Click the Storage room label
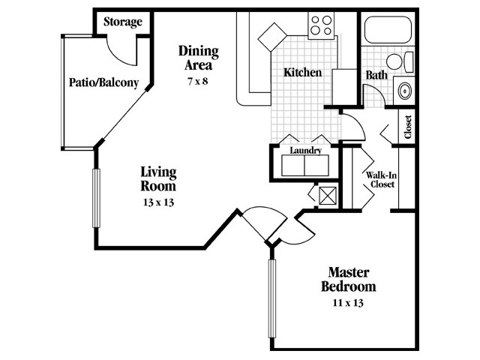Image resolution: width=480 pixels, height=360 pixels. (x=123, y=22)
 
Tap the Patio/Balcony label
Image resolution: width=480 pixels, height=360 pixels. (x=103, y=82)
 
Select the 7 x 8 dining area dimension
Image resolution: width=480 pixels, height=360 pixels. (x=198, y=82)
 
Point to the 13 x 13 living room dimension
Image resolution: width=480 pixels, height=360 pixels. (x=158, y=202)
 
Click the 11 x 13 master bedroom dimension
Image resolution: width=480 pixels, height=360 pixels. (x=348, y=303)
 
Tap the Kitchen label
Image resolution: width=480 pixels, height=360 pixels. (x=302, y=73)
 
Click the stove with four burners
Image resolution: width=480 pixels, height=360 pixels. (x=321, y=25)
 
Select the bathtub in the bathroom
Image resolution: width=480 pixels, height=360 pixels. (x=388, y=30)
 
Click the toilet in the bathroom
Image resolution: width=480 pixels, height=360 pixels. (x=400, y=61)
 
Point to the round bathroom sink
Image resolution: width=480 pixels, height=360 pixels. (x=405, y=91)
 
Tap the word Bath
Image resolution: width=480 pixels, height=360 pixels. (x=376, y=75)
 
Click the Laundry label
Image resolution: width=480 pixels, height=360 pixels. (x=305, y=151)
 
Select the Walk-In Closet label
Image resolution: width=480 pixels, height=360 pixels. (x=382, y=180)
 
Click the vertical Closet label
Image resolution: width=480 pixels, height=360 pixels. (x=408, y=127)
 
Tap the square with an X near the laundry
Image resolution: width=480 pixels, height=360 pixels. (x=328, y=196)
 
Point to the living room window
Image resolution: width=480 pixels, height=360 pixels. (x=97, y=198)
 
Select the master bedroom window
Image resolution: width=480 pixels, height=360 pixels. (x=271, y=298)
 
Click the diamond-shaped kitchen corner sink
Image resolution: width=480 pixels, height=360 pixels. (x=272, y=37)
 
